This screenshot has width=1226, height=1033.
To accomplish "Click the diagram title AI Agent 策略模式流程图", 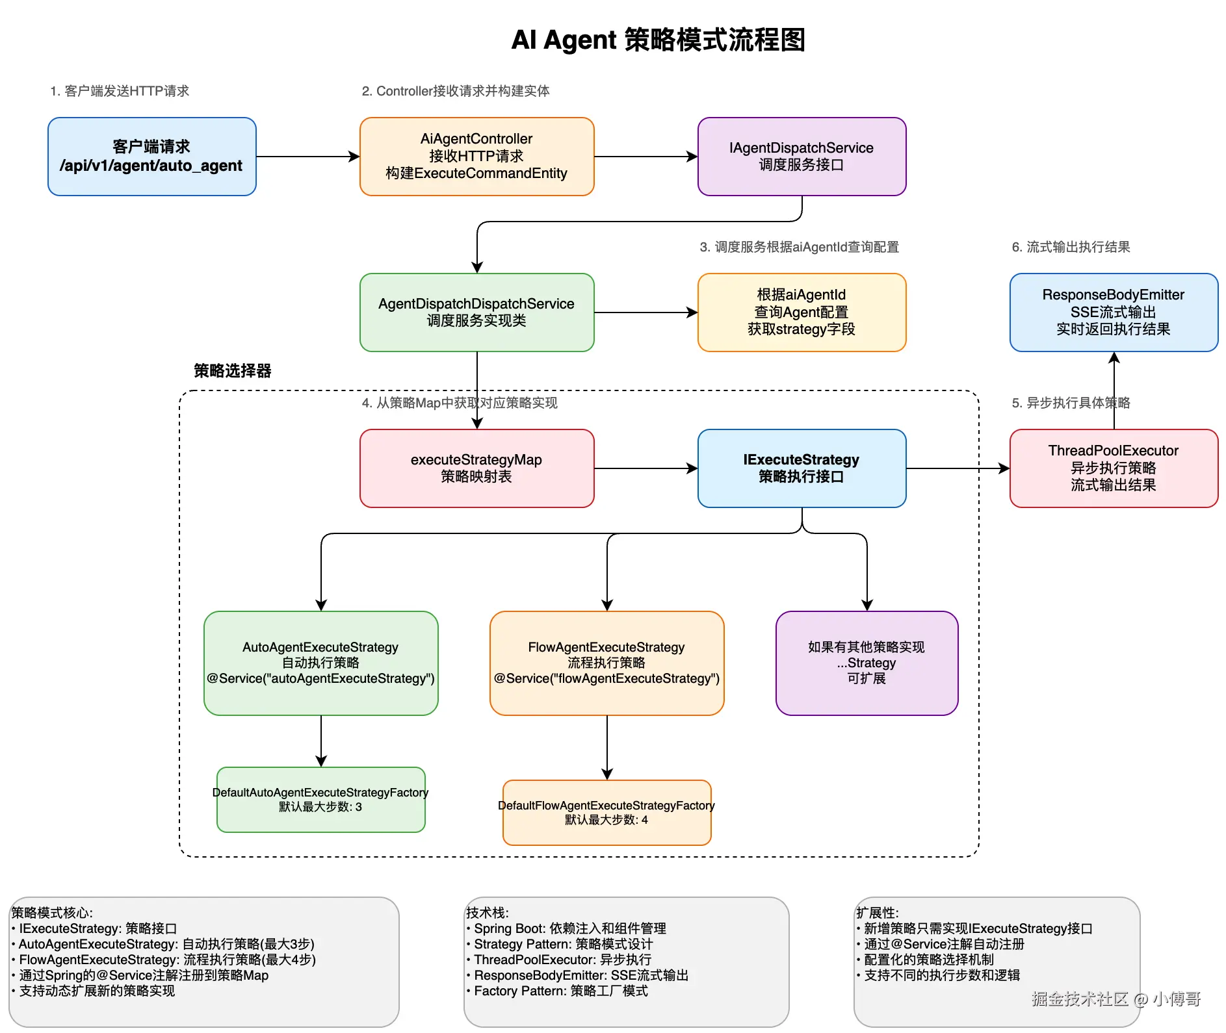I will [x=658, y=40].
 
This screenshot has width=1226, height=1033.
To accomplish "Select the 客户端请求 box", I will [x=151, y=157].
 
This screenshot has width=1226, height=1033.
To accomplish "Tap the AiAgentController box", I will [x=476, y=157].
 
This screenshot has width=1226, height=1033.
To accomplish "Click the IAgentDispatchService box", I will [x=802, y=157].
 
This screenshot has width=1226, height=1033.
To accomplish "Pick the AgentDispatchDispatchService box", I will [x=476, y=312].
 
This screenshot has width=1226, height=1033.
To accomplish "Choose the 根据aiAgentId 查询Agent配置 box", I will [x=802, y=312].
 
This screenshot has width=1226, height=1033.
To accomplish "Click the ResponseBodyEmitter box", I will [x=1114, y=312].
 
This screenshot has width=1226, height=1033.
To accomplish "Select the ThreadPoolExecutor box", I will [x=1114, y=468].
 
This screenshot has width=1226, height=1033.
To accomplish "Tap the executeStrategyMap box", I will [x=476, y=468].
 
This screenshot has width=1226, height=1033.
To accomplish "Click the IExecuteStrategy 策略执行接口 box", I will [x=802, y=468].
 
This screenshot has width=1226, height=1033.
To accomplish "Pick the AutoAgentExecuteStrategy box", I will [x=320, y=663].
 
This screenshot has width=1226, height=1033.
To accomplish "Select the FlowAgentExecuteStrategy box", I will [x=606, y=663].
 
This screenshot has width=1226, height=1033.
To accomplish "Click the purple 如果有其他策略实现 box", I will [x=867, y=663].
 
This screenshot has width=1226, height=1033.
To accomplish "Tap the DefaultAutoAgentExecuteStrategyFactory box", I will [x=320, y=800].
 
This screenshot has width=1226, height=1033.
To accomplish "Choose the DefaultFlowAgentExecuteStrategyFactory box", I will [x=606, y=813].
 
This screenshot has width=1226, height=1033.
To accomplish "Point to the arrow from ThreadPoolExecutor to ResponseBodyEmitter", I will [x=1114, y=390].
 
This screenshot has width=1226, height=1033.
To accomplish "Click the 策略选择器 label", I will [x=232, y=371].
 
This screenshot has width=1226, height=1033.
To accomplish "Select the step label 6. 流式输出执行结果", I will [x=1071, y=247].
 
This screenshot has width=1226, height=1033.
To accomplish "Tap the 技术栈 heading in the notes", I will [x=487, y=913].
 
